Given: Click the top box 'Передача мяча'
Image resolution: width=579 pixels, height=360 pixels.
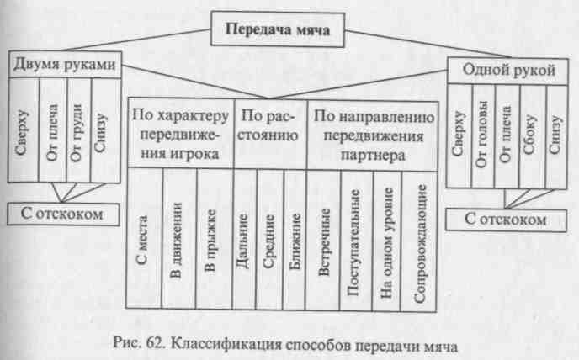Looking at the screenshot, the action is (278, 29).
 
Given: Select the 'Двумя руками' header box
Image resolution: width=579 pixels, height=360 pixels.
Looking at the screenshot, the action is (65, 65).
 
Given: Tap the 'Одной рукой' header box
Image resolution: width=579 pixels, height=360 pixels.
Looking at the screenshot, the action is (508, 70).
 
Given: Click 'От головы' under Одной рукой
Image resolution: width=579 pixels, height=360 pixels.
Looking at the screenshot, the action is (482, 134).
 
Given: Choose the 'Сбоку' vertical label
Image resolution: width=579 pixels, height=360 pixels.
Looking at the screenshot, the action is (530, 135).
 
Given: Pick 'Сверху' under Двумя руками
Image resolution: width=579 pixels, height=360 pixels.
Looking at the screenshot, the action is (23, 132).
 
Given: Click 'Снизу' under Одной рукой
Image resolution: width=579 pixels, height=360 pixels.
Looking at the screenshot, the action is (555, 135).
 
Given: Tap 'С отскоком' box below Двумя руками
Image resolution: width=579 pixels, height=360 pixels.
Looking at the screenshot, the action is (63, 214).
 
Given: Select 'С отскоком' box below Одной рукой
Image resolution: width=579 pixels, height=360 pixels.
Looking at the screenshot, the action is (506, 220).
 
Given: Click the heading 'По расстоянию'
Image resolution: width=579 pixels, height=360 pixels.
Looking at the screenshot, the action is (268, 125).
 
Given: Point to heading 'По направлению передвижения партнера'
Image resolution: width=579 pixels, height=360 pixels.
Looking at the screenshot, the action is (374, 135).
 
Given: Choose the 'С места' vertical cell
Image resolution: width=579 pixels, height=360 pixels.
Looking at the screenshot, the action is (142, 241).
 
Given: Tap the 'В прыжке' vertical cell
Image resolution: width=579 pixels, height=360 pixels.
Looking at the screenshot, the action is (211, 241).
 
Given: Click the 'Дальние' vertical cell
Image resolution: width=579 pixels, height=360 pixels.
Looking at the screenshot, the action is (242, 241).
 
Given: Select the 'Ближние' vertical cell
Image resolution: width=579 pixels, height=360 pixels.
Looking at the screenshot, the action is (295, 241).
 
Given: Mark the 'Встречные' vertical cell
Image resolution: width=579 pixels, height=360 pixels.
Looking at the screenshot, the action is (324, 242).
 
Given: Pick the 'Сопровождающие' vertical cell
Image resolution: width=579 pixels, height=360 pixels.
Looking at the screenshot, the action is (420, 243).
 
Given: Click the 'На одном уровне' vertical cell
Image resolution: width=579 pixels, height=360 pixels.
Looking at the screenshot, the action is (386, 242).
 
